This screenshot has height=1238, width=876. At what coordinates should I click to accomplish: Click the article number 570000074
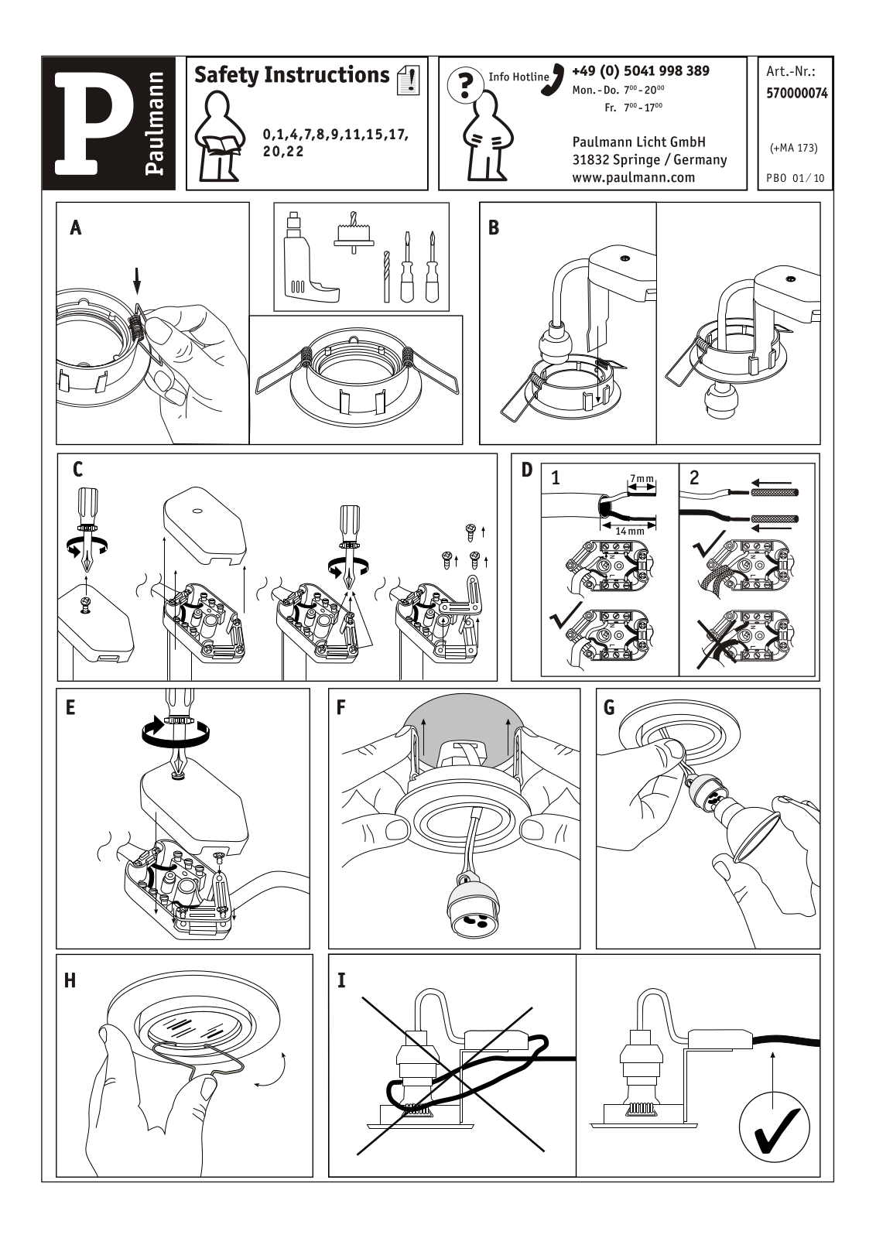796,93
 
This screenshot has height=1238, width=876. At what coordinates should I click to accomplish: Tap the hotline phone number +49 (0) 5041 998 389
641,71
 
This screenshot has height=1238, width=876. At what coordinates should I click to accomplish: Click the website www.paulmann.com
633,177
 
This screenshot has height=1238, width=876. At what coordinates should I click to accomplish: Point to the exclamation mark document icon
408,79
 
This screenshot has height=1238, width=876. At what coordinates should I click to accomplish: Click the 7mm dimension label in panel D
642,480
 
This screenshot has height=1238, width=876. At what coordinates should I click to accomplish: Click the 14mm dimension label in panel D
630,532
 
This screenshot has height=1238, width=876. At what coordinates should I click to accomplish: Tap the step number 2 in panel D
694,477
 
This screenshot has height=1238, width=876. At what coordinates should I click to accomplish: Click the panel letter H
70,980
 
